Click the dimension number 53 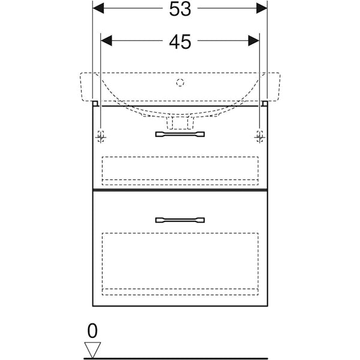[x=180, y=9]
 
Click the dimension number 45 [x=180, y=42]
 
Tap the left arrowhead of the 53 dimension [x=98, y=8]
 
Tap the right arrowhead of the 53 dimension [x=262, y=8]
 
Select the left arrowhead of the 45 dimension [x=107, y=41]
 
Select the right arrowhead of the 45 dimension [x=254, y=41]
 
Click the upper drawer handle [x=180, y=134]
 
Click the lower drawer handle [x=180, y=220]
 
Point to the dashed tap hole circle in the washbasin [x=180, y=83]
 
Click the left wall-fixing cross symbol [x=101, y=137]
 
